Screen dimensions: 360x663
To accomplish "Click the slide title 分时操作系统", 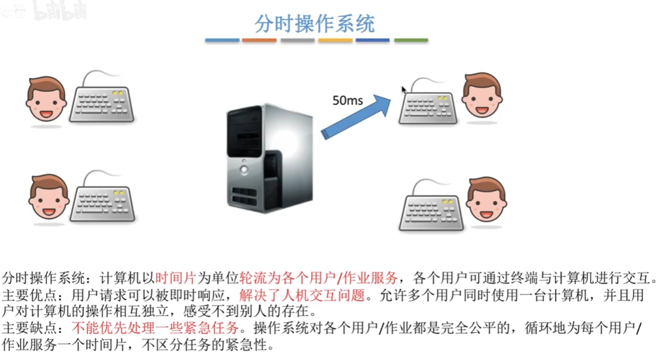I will (x=314, y=24).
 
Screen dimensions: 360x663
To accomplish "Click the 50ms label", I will (x=348, y=101).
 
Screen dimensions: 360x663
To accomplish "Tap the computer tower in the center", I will (x=269, y=158).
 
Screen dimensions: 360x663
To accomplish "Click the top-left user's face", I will (x=46, y=100).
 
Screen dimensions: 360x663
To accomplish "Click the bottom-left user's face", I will (x=49, y=198).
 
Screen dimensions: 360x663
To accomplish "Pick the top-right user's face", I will (x=482, y=96).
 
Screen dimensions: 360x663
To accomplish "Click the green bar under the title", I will (x=411, y=40).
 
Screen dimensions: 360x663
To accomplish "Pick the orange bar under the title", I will (x=259, y=40).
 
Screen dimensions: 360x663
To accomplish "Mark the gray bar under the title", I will (x=297, y=40).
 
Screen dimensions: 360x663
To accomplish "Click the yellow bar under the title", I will (x=335, y=40).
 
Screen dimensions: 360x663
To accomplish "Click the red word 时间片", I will (x=176, y=278).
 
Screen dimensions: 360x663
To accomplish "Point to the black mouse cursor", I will (x=404, y=90).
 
